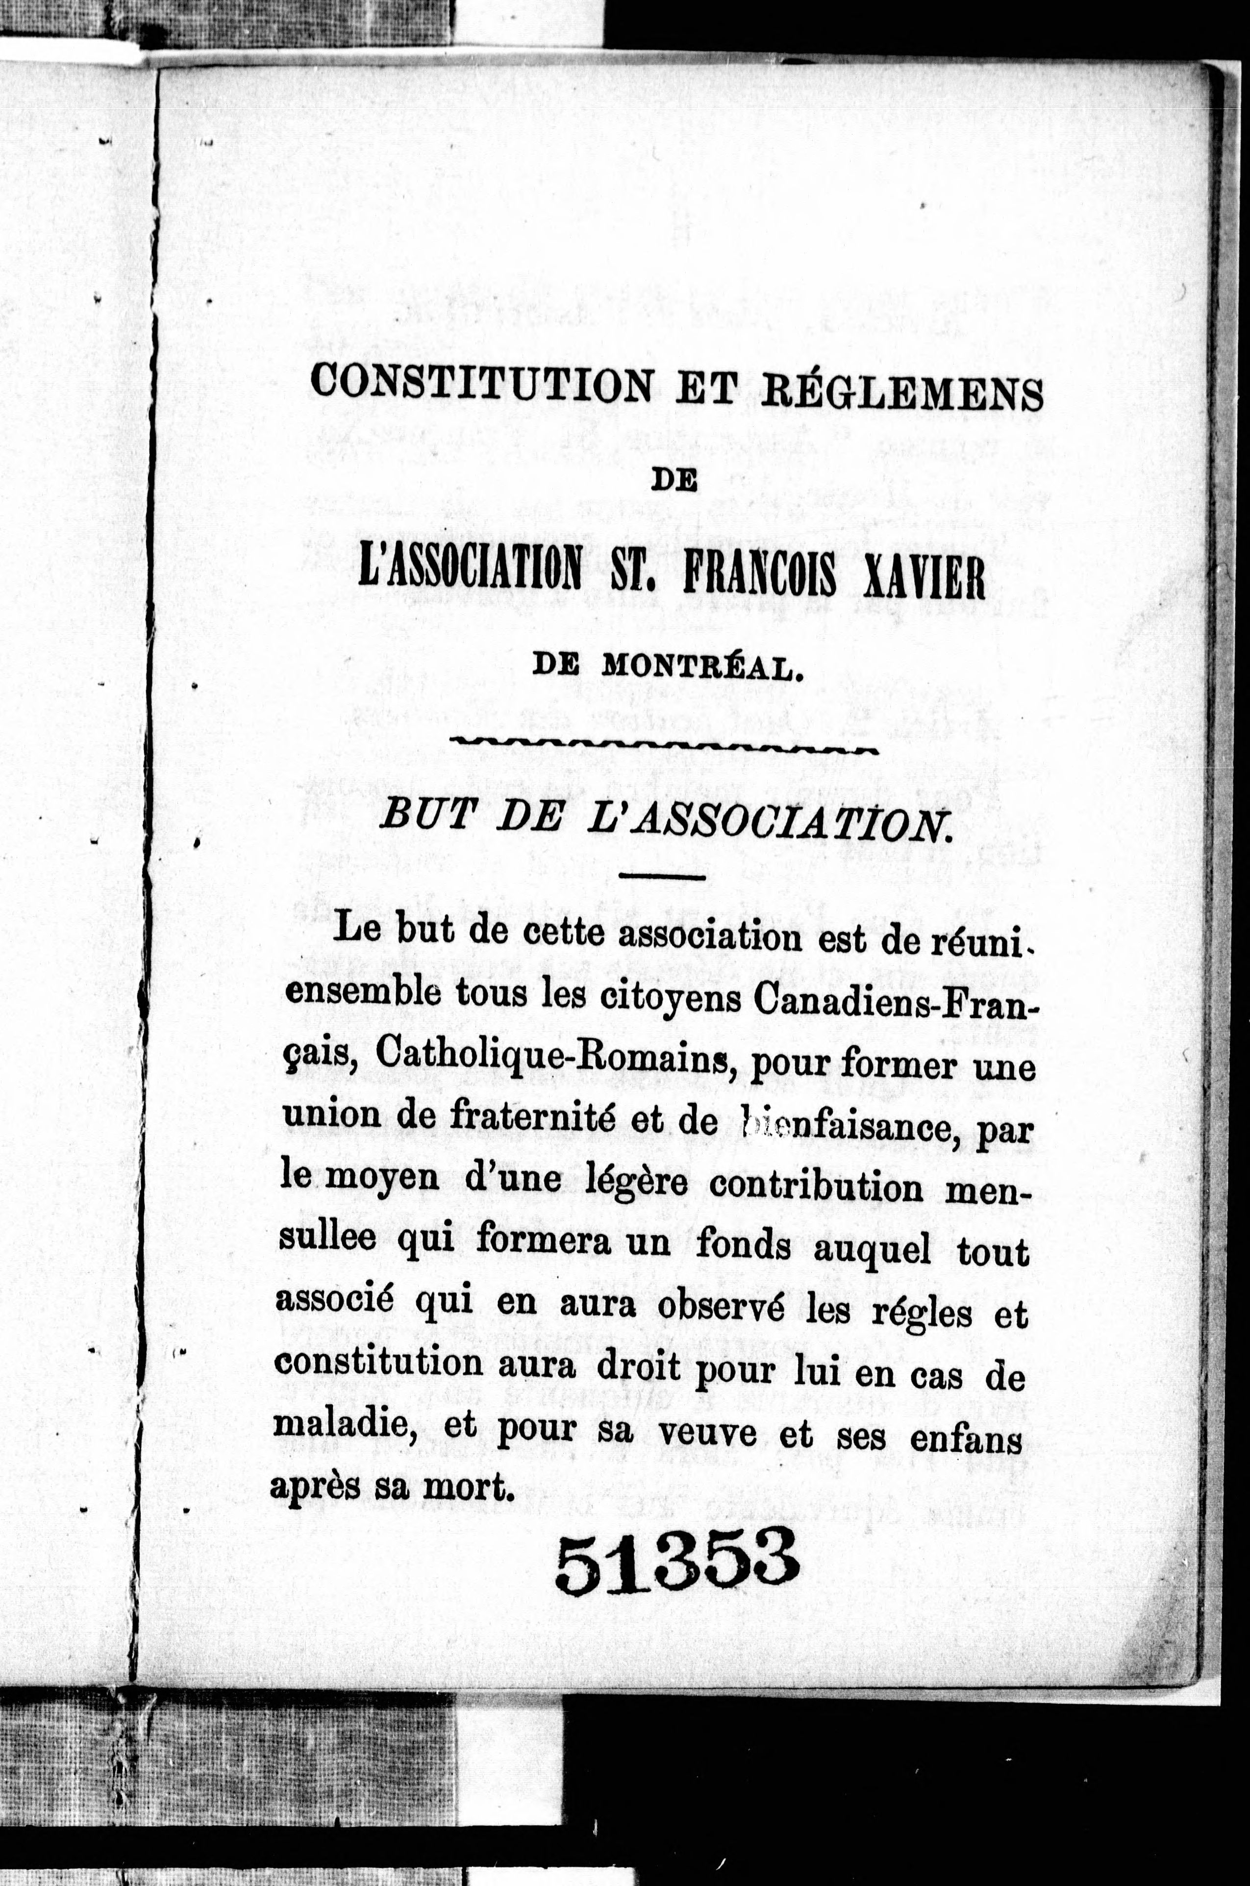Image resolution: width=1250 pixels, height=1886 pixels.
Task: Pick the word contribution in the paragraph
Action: (816, 1187)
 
